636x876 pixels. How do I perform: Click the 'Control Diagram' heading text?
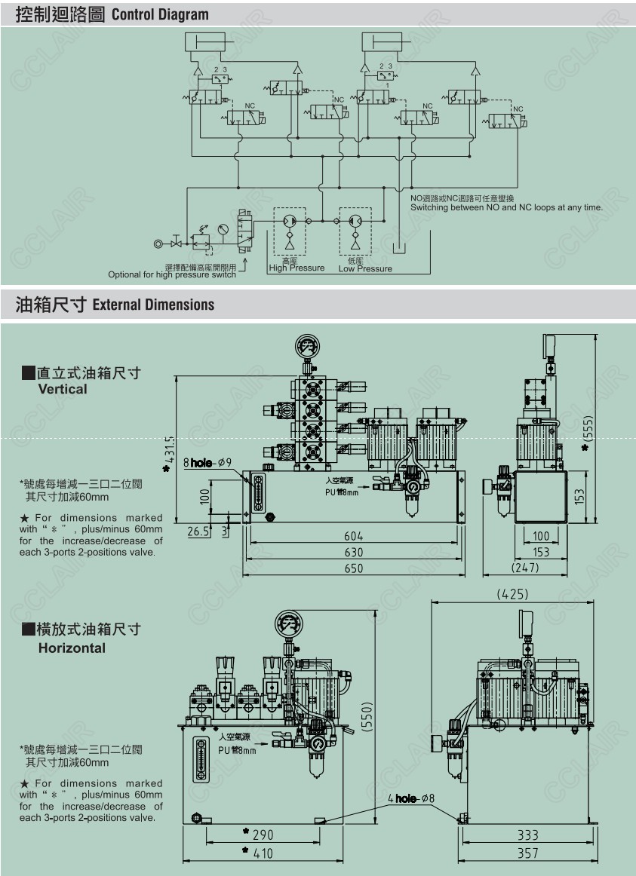tap(160, 14)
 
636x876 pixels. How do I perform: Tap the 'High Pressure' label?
tap(296, 268)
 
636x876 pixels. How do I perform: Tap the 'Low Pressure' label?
tap(365, 268)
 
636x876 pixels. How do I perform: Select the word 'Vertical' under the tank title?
tap(63, 389)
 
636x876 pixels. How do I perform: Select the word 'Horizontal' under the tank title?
tap(72, 648)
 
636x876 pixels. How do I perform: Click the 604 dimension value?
tap(354, 536)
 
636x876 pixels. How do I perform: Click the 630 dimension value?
tap(354, 552)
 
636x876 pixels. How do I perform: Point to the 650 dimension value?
tap(354, 568)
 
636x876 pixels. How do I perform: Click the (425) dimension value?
tap(513, 595)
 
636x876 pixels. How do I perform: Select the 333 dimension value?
tap(528, 835)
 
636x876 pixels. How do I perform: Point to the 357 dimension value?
tap(528, 853)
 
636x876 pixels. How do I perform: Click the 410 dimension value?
tap(263, 853)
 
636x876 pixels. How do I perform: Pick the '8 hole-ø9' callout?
tap(208, 462)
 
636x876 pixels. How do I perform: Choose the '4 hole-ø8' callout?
tap(411, 798)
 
